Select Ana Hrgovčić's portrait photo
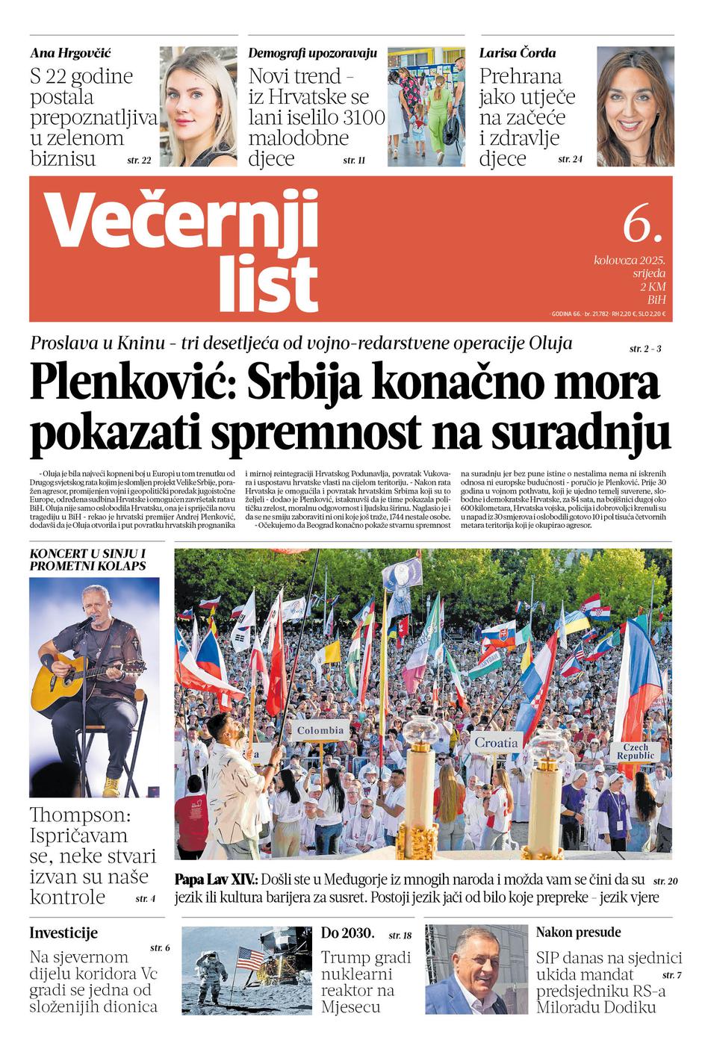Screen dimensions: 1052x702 coord(198,106)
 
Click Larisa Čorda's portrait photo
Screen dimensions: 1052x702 coord(635,106)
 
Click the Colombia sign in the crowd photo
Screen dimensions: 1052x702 coord(320,730)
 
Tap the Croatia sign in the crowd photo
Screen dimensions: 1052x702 coord(496,742)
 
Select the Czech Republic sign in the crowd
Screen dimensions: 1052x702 coord(635,751)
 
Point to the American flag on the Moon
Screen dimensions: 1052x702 coord(250,959)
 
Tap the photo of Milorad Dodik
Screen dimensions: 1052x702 coord(476,969)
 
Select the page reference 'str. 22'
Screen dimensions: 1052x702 coord(139,160)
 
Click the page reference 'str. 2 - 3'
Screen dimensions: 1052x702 coord(644,349)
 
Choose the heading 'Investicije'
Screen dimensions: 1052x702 coord(63,933)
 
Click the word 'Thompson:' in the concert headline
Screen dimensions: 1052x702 coord(80,815)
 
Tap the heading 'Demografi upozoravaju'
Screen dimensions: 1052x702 coord(312,53)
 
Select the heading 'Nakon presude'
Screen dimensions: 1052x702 coord(578,932)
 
